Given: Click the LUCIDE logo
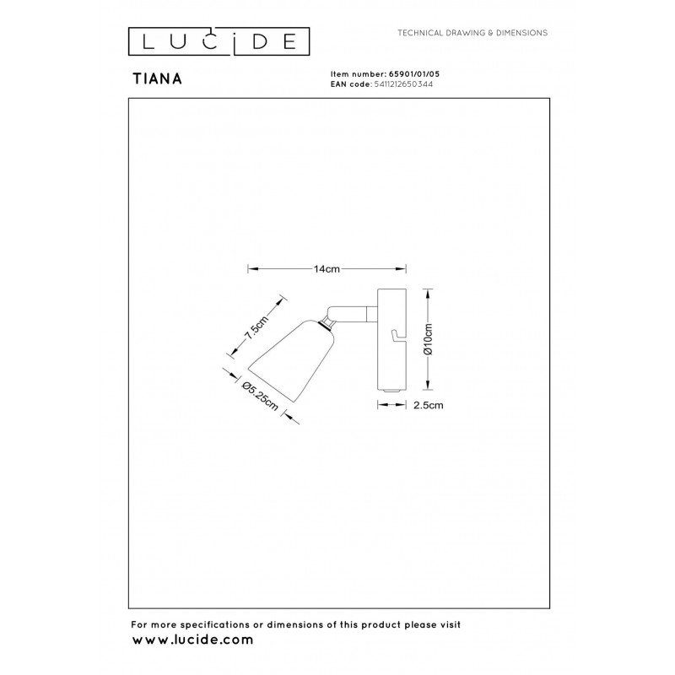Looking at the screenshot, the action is tap(219, 41).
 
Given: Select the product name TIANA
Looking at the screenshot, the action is tap(157, 78).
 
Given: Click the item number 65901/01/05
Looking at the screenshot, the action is tap(414, 74).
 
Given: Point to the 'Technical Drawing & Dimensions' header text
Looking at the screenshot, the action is tap(472, 33).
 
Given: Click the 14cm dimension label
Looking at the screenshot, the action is tap(327, 269).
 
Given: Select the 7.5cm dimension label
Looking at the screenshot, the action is tap(256, 327).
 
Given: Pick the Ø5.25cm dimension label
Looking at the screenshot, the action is tap(260, 396).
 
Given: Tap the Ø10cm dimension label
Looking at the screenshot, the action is tap(429, 339).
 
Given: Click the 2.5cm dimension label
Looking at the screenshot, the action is tap(429, 405).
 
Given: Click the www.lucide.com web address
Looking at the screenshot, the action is tap(192, 640).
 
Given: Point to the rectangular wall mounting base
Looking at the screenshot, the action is tap(391, 339).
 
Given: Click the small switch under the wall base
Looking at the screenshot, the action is tap(391, 391).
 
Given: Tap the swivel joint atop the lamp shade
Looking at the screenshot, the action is tap(328, 322).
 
